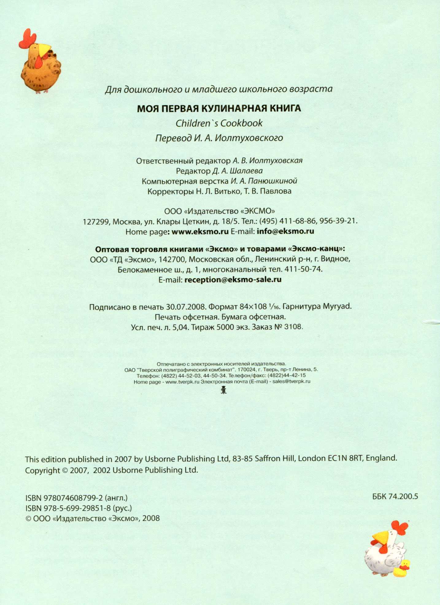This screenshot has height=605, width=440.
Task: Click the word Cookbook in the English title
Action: tap(241, 123)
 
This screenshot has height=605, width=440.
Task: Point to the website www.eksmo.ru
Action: tap(200, 231)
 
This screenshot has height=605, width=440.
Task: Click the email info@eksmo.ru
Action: tap(285, 231)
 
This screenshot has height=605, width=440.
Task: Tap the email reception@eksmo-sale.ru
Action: tap(233, 280)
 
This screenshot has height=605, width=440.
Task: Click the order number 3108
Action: tap(293, 327)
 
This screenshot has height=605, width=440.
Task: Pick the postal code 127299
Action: tap(96, 222)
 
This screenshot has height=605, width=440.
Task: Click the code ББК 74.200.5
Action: tap(395, 497)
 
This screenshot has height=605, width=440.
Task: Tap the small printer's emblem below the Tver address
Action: tap(224, 390)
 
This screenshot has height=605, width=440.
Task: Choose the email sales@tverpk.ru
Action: tap(291, 382)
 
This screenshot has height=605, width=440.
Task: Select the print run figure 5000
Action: tap(225, 327)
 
